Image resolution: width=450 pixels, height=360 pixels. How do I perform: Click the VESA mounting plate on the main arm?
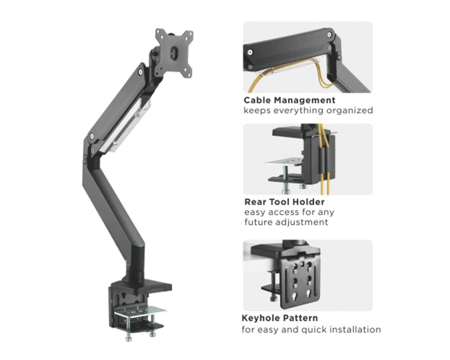(x=174, y=53)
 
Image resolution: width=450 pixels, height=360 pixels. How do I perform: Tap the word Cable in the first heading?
(x=257, y=100)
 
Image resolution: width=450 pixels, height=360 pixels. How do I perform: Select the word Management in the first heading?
(x=305, y=100)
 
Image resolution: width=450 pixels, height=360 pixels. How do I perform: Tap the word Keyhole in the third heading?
(x=260, y=318)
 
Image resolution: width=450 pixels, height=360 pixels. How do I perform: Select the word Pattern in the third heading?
(x=300, y=318)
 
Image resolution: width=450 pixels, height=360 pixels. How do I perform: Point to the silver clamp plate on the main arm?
(x=140, y=312)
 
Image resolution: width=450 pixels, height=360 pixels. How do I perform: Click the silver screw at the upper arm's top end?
(x=140, y=72)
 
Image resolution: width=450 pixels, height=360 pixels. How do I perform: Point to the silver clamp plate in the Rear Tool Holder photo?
(x=284, y=162)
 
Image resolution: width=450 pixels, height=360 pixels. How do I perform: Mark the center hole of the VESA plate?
(x=174, y=54)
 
